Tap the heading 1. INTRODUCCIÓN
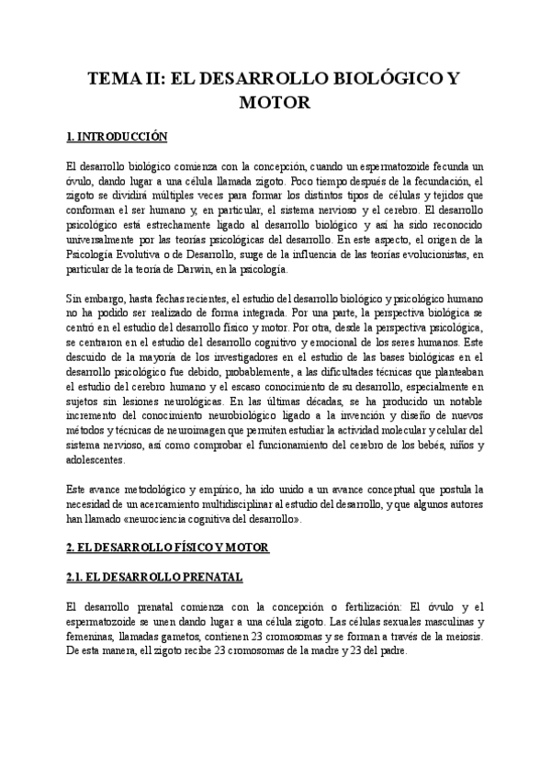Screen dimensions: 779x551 point(117,137)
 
